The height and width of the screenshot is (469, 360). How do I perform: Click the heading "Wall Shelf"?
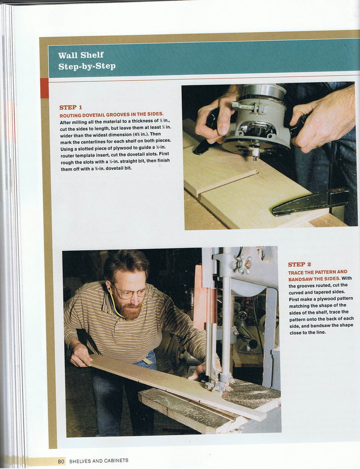pyautogui.click(x=81, y=55)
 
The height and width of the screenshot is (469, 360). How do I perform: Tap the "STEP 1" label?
pyautogui.click(x=71, y=107)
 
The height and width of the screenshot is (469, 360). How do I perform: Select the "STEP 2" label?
pyautogui.click(x=299, y=264)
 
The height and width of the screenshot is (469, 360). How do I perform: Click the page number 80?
pyautogui.click(x=61, y=461)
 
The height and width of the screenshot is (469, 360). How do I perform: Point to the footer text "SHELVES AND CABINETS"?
pyautogui.click(x=99, y=461)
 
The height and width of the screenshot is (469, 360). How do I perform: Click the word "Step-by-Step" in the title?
pyautogui.click(x=87, y=66)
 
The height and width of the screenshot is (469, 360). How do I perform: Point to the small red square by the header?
pyautogui.click(x=44, y=88)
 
